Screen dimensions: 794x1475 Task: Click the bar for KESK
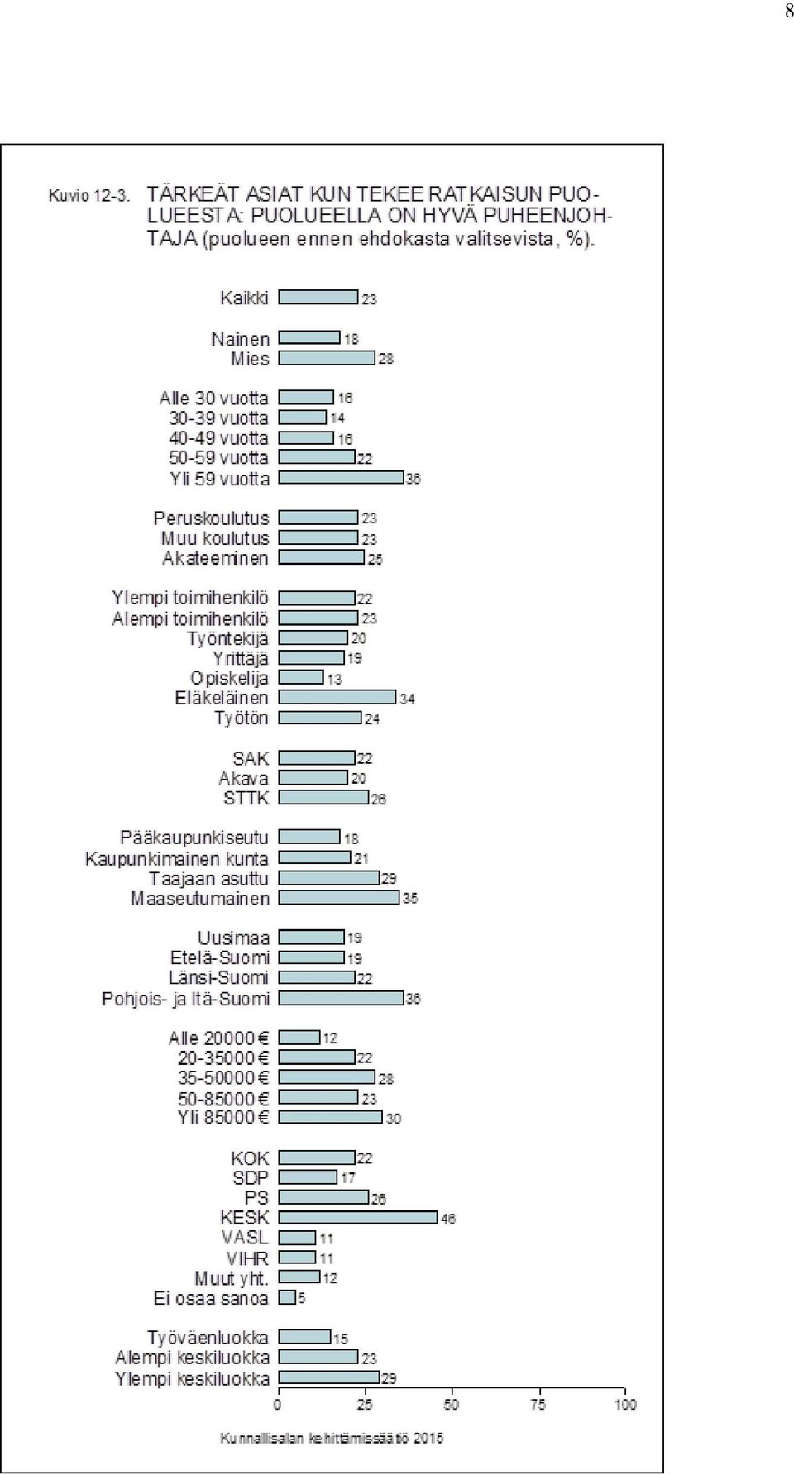(x=358, y=1217)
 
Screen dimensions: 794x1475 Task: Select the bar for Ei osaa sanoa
(x=287, y=1297)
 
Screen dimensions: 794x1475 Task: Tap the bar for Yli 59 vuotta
(x=341, y=477)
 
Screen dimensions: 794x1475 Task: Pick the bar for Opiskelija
(x=301, y=677)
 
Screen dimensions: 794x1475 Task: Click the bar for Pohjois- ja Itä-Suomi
(x=341, y=998)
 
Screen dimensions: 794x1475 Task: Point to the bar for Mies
(x=327, y=358)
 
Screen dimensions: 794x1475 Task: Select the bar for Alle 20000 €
(x=299, y=1037)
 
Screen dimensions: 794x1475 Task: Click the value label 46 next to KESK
(x=448, y=1219)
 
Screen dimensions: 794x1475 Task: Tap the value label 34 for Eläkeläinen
(x=407, y=699)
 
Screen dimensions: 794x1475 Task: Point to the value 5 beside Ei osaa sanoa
(x=302, y=1298)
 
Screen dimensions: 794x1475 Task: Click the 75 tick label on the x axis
(x=538, y=1404)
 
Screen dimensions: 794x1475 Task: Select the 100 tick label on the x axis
(x=625, y=1404)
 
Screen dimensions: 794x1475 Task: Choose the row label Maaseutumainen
(x=200, y=898)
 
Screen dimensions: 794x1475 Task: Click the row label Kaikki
(x=245, y=298)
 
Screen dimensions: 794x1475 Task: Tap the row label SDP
(x=251, y=1177)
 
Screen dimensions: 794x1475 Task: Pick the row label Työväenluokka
(x=208, y=1338)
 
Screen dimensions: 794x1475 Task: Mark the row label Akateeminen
(x=216, y=558)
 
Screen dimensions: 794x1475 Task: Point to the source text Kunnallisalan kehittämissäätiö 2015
(x=332, y=1439)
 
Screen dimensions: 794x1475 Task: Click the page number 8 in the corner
(x=788, y=12)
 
